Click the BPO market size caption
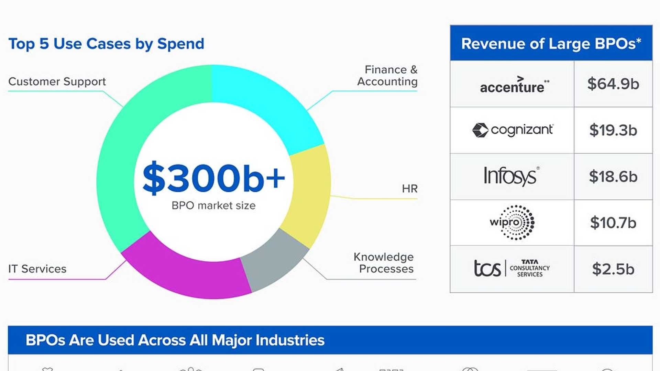213,205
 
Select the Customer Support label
57,82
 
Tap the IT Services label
37,269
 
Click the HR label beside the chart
409,189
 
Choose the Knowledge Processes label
384,263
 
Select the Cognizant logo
513,130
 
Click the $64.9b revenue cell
613,84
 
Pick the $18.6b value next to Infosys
613,177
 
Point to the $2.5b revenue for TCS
613,269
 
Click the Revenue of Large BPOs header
551,44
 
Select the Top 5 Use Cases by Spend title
106,44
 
